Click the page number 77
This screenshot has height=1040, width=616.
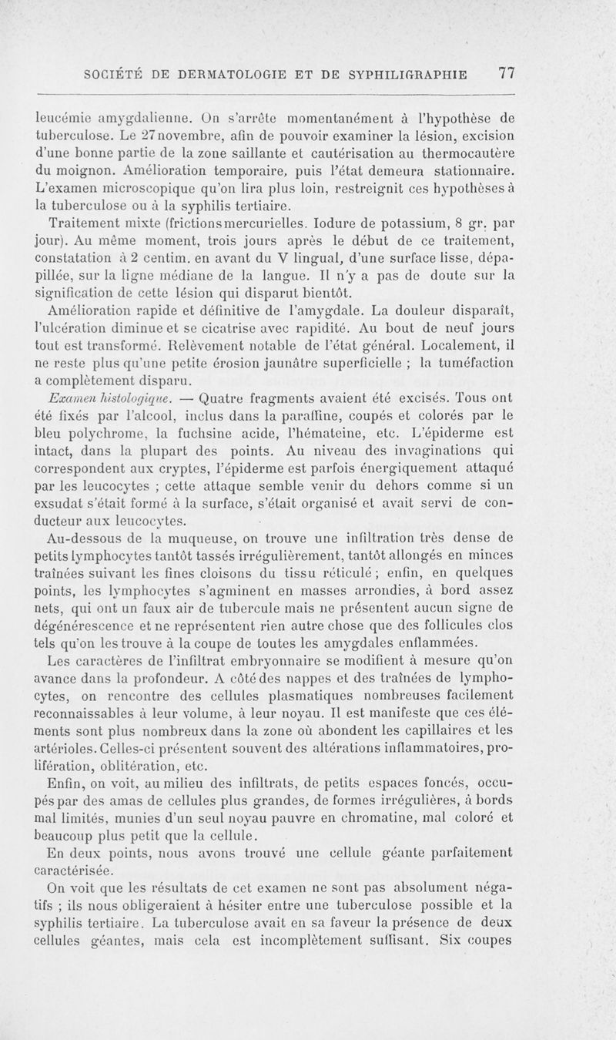pos(506,74)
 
